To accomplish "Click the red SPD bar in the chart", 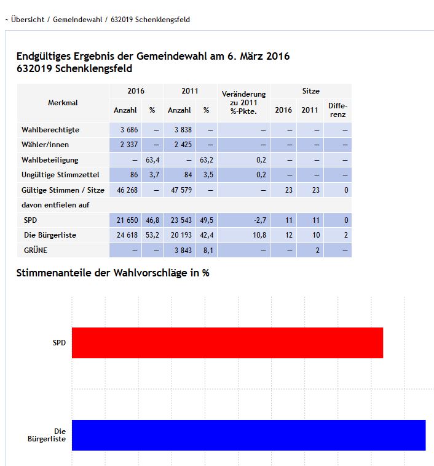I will [x=227, y=343].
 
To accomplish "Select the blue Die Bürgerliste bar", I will [x=248, y=435].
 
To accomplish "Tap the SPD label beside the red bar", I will [x=59, y=343].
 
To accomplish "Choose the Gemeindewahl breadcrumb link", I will [x=79, y=20].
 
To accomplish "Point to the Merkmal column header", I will [x=63, y=103].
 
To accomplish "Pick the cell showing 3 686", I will [x=124, y=130].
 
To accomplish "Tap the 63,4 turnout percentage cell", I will [x=152, y=160].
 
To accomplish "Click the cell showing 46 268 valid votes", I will [x=124, y=190].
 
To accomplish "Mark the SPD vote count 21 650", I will [x=124, y=220].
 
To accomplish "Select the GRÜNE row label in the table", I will [x=36, y=250].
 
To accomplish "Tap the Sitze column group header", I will [x=310, y=91].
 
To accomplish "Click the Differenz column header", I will [x=337, y=110].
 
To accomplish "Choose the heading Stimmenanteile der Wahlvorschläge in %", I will [x=112, y=273].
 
